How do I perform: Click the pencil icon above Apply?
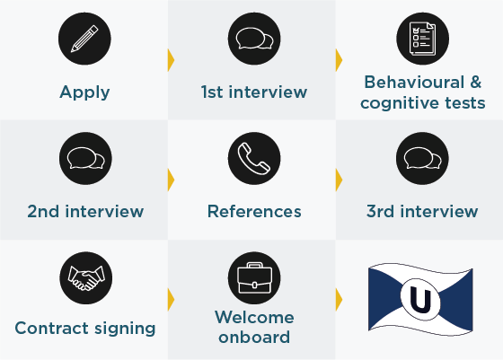click(x=84, y=39)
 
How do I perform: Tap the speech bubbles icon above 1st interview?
click(x=254, y=39)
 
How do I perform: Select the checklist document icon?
click(x=422, y=39)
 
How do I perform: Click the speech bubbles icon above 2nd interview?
click(x=85, y=158)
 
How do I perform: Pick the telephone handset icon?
click(x=254, y=158)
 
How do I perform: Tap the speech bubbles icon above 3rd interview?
click(x=422, y=158)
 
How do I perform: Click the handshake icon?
click(x=86, y=278)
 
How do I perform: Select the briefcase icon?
click(x=254, y=278)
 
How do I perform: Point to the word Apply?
click(x=84, y=92)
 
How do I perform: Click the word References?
click(x=254, y=212)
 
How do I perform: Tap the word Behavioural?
click(x=414, y=83)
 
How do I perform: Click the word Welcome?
click(x=254, y=318)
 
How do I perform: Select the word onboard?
click(x=254, y=338)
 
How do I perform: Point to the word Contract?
click(x=50, y=329)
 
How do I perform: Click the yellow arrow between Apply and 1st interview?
click(x=171, y=60)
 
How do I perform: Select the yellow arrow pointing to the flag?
click(x=340, y=300)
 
